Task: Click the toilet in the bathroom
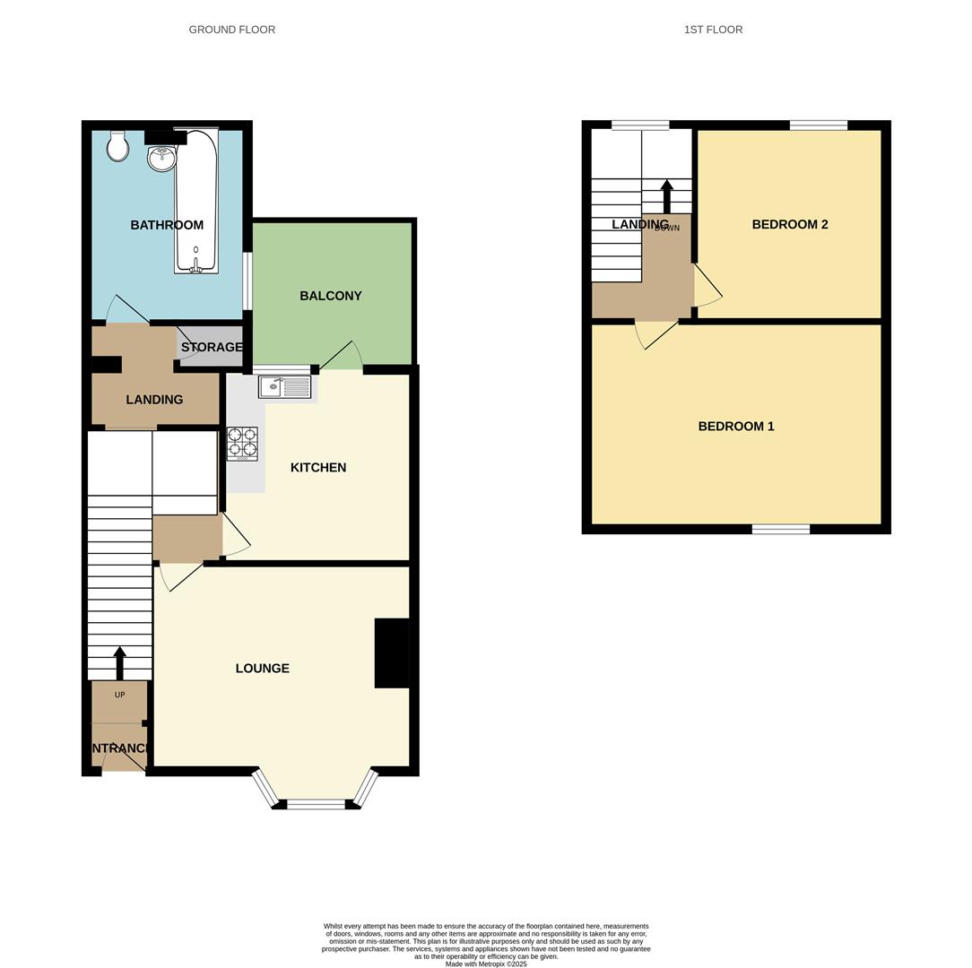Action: coord(117,146)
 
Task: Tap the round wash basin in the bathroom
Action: coord(162,158)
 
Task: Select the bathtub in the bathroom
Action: coord(196,202)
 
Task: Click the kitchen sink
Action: coord(285,387)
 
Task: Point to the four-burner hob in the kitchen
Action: coord(242,443)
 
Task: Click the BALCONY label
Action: coord(331,296)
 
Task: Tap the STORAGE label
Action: coord(212,347)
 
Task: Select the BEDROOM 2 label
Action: coord(789,224)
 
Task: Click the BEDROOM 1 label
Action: coord(736,426)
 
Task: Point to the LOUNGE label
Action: coord(262,668)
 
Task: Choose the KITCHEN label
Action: coord(318,467)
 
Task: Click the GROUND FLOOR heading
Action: coord(231,30)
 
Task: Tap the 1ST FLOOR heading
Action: coord(713,30)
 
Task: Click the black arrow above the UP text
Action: coord(119,662)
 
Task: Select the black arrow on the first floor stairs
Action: coord(667,195)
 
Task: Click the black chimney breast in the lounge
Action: coord(392,653)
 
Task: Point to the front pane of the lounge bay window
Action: coord(316,805)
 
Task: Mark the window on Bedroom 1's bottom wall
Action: coord(780,530)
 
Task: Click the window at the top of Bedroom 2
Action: coord(818,125)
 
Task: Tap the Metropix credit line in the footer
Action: coord(486,964)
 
